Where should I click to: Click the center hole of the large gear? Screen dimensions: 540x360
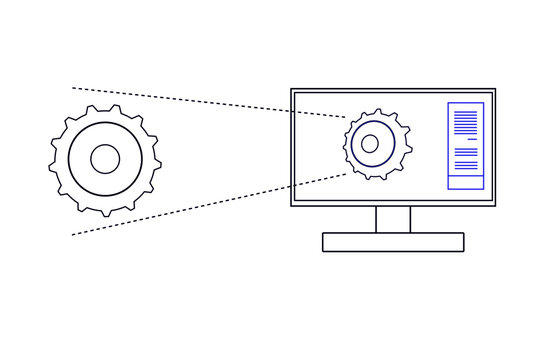point(105,159)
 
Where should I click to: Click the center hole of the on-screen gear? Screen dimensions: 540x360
point(370,143)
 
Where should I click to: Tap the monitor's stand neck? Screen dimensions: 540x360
point(393,219)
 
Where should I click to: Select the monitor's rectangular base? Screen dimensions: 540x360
point(393,241)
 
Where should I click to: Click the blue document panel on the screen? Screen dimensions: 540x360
point(466,145)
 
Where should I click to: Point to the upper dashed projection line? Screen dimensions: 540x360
point(210,102)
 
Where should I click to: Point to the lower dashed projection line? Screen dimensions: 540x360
point(210,205)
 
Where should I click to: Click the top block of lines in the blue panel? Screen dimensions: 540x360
point(466,122)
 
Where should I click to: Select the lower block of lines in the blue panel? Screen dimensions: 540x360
point(466,156)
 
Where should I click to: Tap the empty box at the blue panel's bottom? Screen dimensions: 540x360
point(466,181)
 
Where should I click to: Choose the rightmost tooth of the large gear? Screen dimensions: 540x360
point(157,159)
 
